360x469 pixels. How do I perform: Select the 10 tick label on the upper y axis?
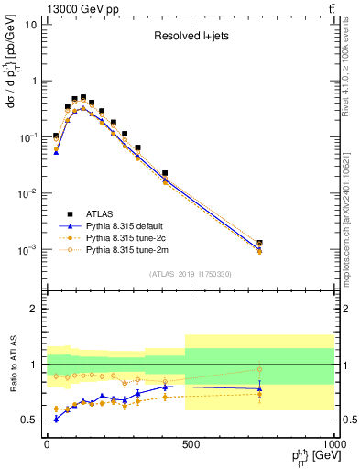(29, 25)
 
